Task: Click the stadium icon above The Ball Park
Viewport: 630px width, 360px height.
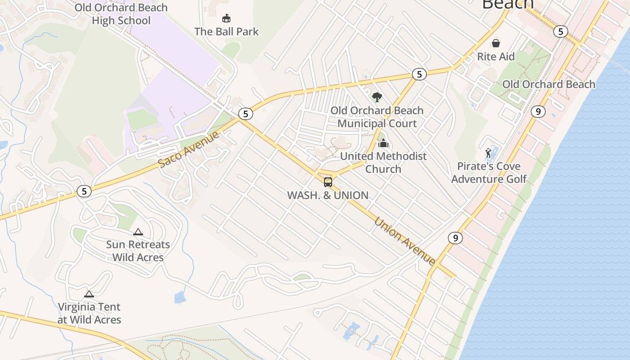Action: tap(226, 18)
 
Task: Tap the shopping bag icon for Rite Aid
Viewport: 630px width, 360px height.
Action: tap(495, 43)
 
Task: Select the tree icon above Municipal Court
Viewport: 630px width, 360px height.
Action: tap(377, 97)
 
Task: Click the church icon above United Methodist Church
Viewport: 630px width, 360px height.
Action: tap(383, 143)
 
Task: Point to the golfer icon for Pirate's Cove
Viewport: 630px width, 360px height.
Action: tap(488, 153)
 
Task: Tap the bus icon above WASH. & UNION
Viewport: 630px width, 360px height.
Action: tap(328, 182)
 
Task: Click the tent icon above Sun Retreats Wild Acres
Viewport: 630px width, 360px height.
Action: tap(138, 232)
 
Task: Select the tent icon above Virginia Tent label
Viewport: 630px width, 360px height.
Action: tap(89, 294)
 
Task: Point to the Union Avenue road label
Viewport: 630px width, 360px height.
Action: tap(405, 242)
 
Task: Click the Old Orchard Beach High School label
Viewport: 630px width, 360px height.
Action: tap(121, 14)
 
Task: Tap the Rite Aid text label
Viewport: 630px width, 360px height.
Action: tap(495, 57)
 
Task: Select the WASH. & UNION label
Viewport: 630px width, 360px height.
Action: tap(328, 195)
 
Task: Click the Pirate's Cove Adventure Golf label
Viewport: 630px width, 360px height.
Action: tap(489, 172)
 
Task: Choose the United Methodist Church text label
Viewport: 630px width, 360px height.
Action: tap(383, 162)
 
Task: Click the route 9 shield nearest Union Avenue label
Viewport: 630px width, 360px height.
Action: tap(455, 238)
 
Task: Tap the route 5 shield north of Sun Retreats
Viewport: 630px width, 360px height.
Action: tap(84, 191)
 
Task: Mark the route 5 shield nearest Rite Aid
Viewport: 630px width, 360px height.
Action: tap(560, 31)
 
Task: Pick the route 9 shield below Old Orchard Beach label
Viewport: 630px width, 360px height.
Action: tap(538, 111)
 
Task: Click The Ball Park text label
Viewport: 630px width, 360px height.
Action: tap(226, 31)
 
